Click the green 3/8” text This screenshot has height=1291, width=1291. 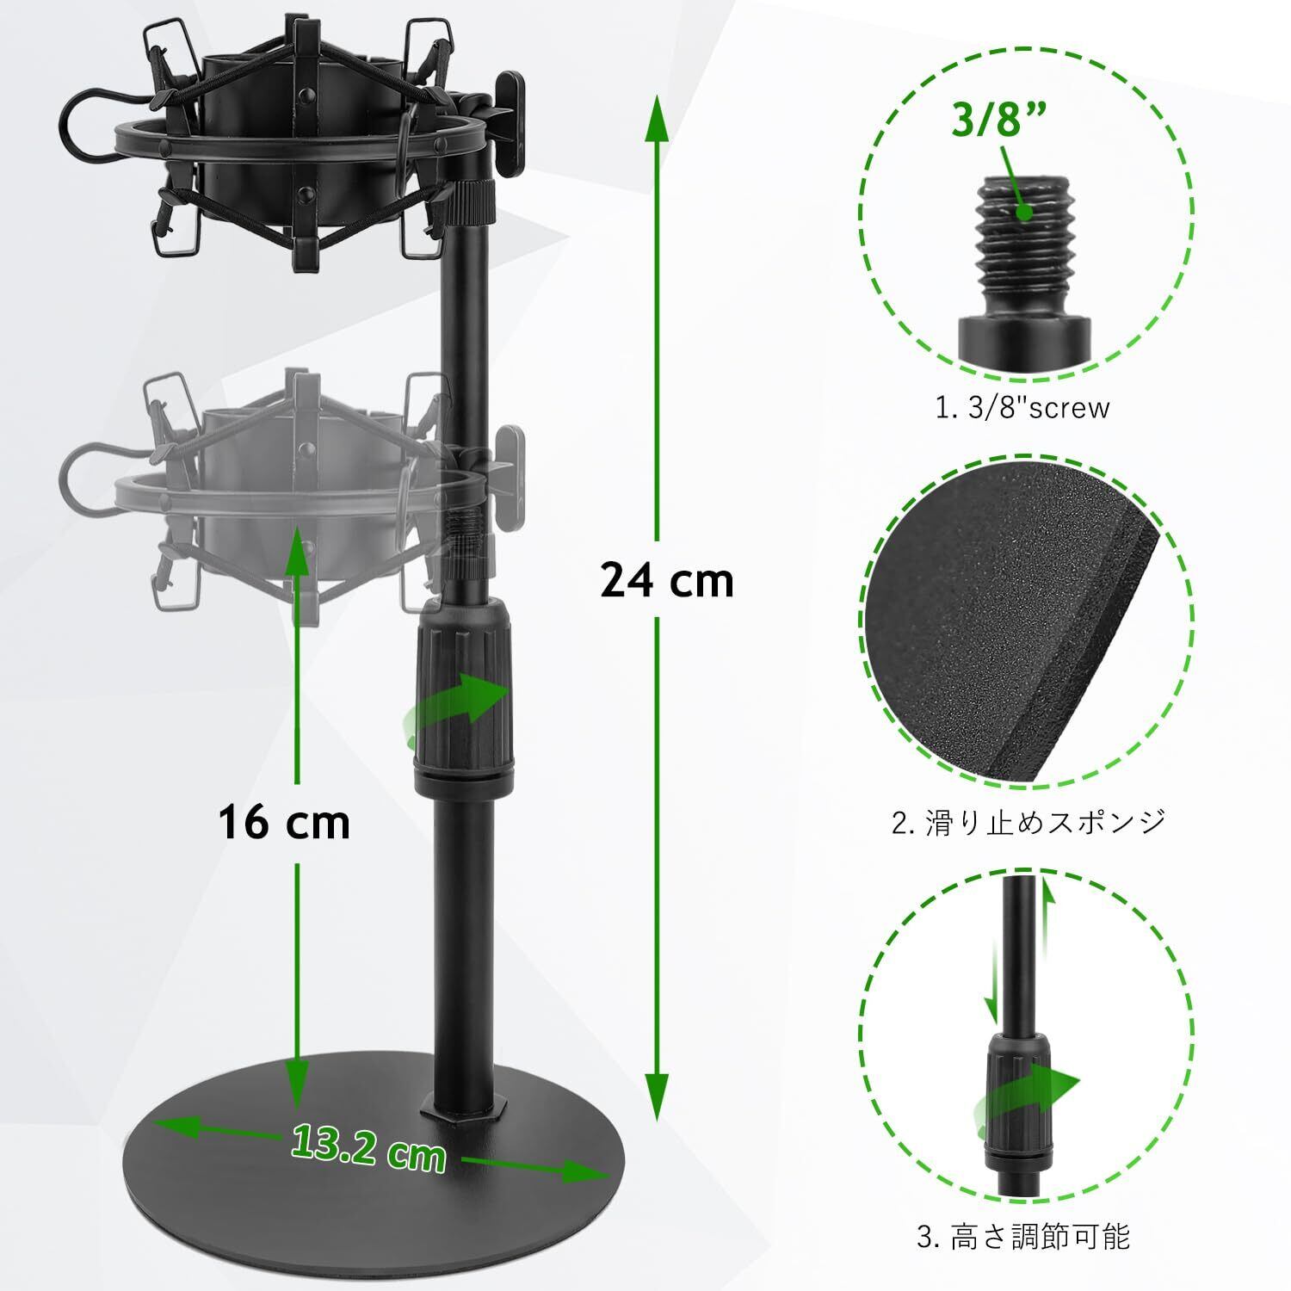(x=991, y=120)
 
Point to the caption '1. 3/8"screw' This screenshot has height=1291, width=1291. (x=1022, y=407)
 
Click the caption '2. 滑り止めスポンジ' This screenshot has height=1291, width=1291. (x=1028, y=821)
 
